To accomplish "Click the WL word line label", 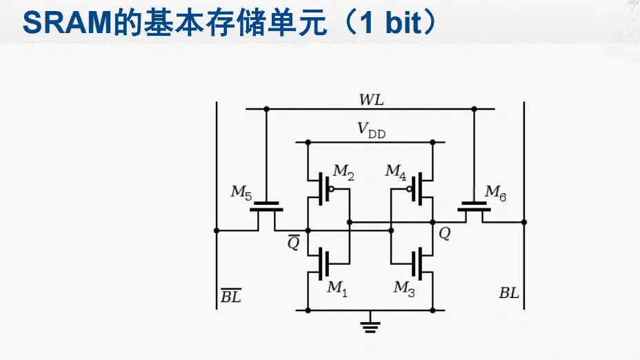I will pyautogui.click(x=371, y=99).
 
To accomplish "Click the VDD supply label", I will pyautogui.click(x=371, y=130).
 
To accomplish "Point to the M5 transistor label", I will pyautogui.click(x=241, y=192).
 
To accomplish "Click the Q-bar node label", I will pyautogui.click(x=294, y=243).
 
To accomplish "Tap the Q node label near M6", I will pyautogui.click(x=444, y=234).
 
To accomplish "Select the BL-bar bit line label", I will pyautogui.click(x=230, y=297).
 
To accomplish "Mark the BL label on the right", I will pyautogui.click(x=509, y=293).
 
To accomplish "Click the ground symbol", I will pyautogui.click(x=371, y=324).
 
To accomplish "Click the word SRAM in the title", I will pyautogui.click(x=61, y=23).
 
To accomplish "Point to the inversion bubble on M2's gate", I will pyautogui.click(x=332, y=188).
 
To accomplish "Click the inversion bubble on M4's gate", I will pyautogui.click(x=409, y=188).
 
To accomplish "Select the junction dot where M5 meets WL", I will pyautogui.click(x=266, y=109).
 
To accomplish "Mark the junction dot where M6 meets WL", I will pyautogui.click(x=474, y=109).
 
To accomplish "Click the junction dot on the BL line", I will pyautogui.click(x=524, y=222).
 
